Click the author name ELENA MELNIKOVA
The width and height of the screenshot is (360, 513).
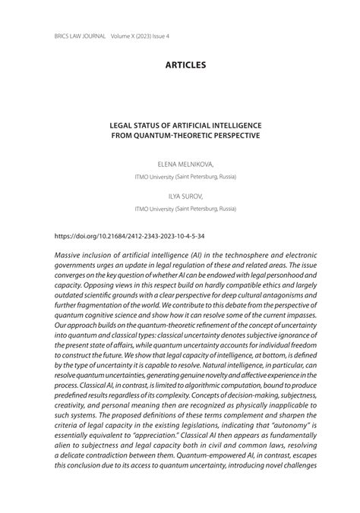185,163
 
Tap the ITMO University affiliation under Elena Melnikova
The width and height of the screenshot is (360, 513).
185,177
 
